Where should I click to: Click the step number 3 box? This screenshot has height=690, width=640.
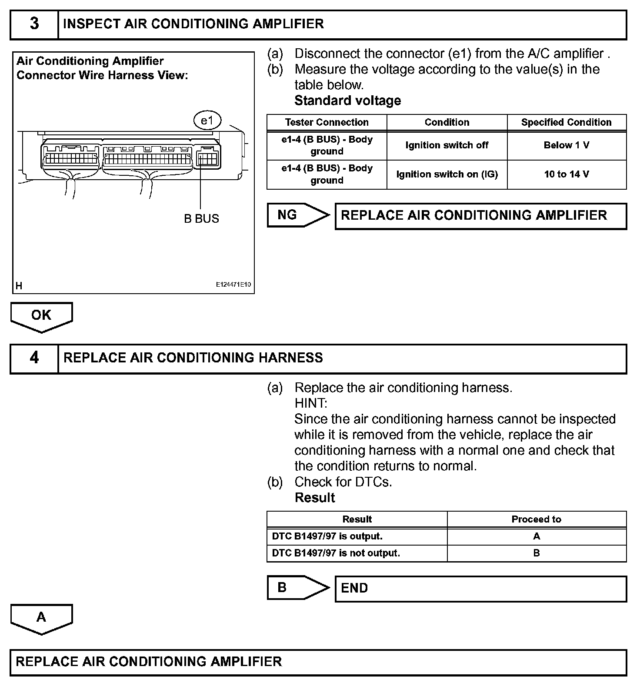click(x=34, y=24)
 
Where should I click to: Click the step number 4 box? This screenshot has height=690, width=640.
click(x=34, y=358)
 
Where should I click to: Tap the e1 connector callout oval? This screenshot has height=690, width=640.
click(x=207, y=121)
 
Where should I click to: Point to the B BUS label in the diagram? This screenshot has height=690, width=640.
click(x=201, y=218)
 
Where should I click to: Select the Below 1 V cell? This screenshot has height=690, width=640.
click(x=567, y=145)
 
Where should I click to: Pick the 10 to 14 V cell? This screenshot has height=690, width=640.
click(x=567, y=174)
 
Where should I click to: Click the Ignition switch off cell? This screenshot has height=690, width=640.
click(x=447, y=145)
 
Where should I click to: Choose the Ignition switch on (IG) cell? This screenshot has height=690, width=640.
click(x=447, y=174)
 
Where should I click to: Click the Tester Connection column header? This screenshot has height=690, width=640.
click(x=327, y=122)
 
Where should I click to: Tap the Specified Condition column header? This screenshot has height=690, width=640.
click(x=567, y=122)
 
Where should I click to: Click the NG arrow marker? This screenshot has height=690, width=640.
click(x=297, y=215)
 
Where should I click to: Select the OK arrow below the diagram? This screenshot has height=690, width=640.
click(x=41, y=316)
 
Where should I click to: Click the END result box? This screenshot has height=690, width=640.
click(x=480, y=589)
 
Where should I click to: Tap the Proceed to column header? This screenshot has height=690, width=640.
click(x=536, y=519)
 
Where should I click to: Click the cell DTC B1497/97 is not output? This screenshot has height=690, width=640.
click(x=357, y=553)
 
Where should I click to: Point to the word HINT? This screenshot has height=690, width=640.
click(x=310, y=403)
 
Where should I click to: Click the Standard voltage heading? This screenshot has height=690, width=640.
click(x=347, y=100)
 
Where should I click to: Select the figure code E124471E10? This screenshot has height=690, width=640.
click(x=233, y=285)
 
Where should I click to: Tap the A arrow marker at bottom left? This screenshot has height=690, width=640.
click(x=41, y=618)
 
